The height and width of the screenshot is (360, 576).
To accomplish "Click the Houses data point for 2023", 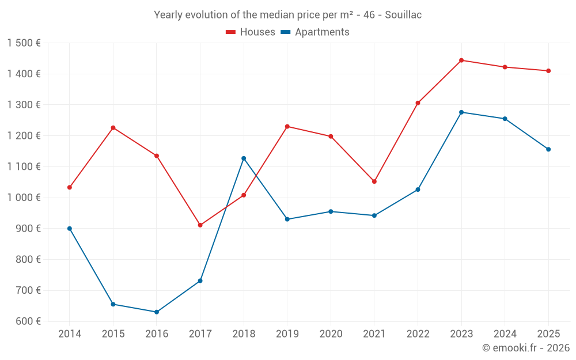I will (461, 60).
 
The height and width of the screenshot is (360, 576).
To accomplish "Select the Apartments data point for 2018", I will (244, 158).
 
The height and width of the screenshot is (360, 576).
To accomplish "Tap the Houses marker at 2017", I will (200, 225).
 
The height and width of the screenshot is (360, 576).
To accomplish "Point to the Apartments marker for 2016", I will (157, 312).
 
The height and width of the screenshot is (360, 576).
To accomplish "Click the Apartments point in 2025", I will (548, 149).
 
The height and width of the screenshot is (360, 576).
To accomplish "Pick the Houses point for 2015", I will (113, 128).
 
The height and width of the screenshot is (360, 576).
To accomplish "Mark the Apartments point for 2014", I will (70, 229).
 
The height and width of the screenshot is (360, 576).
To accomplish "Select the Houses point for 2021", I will (374, 181).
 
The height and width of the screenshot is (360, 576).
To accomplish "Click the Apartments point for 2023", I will (461, 112).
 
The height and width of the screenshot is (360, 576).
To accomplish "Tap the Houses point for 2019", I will (287, 127).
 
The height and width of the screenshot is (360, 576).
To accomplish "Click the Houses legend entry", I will (251, 32).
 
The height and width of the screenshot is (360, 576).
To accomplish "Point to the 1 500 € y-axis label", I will (24, 43).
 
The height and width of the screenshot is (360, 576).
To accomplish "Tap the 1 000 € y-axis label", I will (24, 198).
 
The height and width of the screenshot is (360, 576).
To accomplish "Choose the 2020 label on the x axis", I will (331, 334).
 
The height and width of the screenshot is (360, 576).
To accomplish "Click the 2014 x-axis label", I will (70, 334).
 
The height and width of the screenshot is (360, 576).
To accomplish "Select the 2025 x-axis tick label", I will (548, 334).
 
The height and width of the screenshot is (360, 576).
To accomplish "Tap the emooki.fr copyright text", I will (525, 348).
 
